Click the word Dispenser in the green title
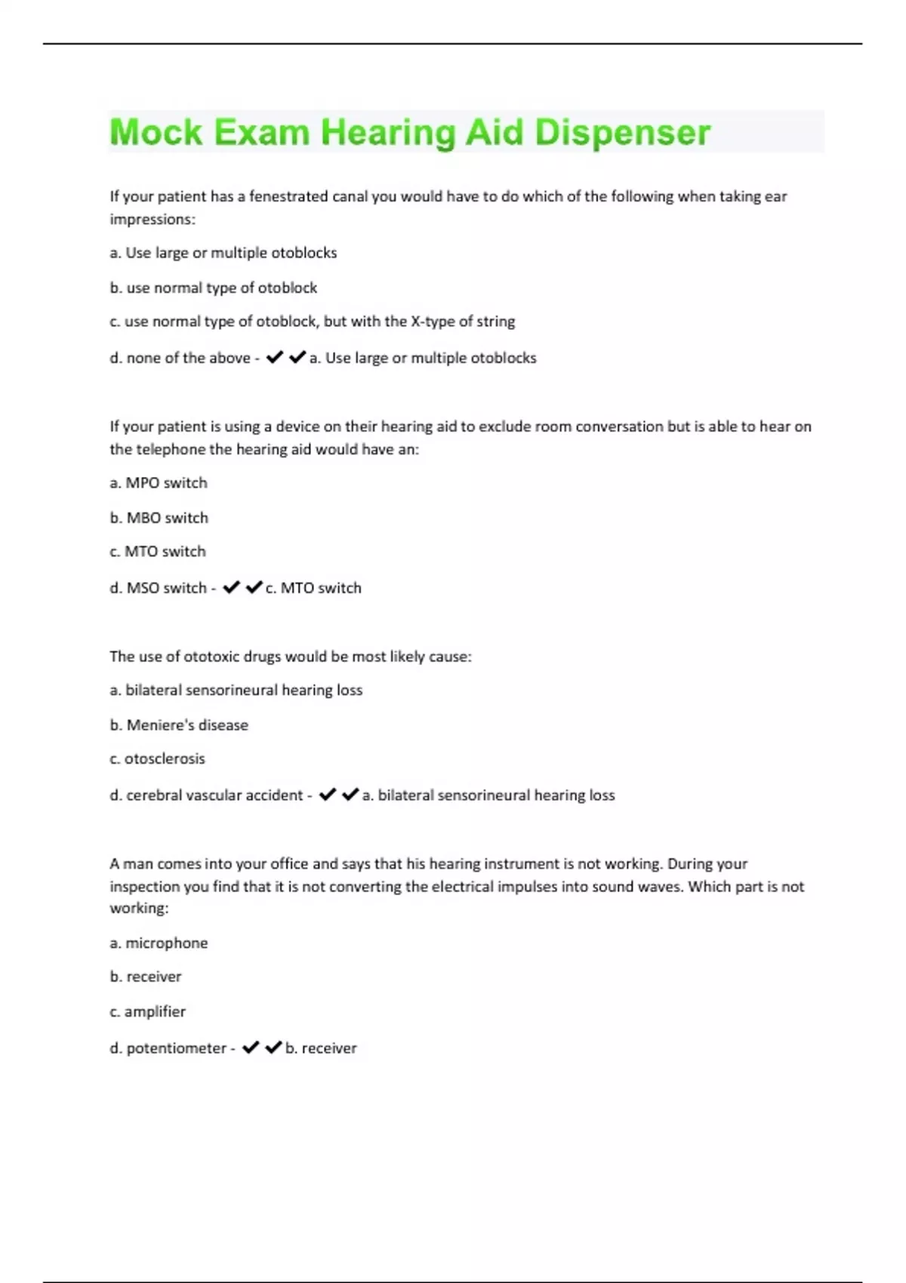622,133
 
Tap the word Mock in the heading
156,133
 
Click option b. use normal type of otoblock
213,288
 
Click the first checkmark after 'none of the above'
275,357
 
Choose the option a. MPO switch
158,483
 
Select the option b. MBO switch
159,518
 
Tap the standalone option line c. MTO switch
157,552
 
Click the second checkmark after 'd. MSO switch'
254,587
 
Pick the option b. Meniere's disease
178,725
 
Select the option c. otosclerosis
157,759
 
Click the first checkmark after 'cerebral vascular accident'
328,795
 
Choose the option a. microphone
159,943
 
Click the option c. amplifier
147,1012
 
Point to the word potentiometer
176,1048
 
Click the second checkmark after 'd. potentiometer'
274,1048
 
